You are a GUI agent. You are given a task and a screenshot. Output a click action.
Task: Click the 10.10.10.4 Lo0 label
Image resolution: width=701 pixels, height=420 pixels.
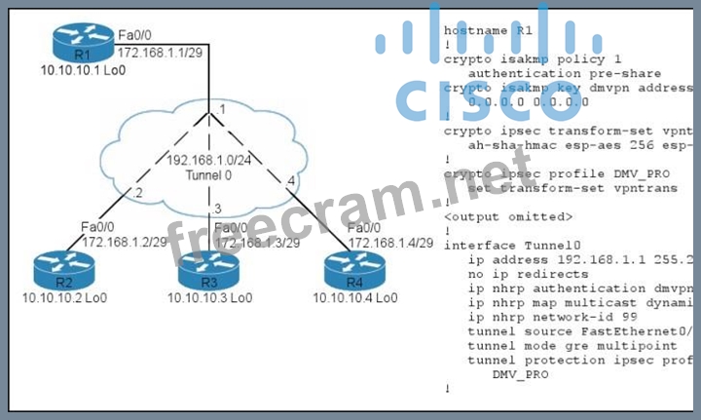pos(355,296)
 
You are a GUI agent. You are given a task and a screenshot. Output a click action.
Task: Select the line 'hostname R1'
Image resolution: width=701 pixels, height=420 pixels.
pos(490,30)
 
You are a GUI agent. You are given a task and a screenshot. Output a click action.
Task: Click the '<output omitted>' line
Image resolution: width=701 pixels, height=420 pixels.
pos(508,216)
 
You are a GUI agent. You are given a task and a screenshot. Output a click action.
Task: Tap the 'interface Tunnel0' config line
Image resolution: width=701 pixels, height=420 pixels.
pos(512,245)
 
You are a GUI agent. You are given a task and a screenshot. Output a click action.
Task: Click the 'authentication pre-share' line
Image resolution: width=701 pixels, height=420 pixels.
pos(564,72)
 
